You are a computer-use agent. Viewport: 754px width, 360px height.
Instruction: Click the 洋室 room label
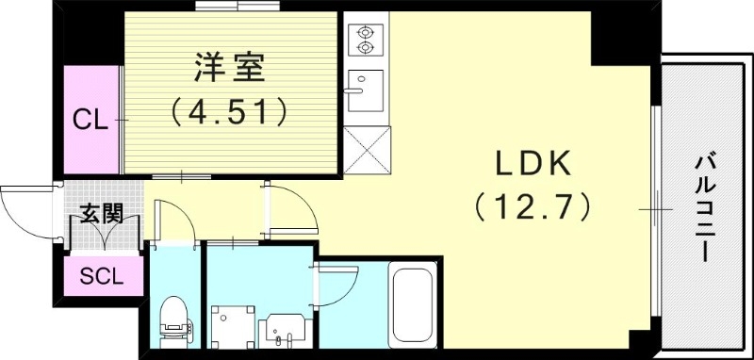[x=230, y=70]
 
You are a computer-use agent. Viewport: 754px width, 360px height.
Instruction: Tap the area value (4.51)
[x=230, y=113]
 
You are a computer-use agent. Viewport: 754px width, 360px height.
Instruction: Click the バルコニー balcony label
[x=704, y=208]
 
